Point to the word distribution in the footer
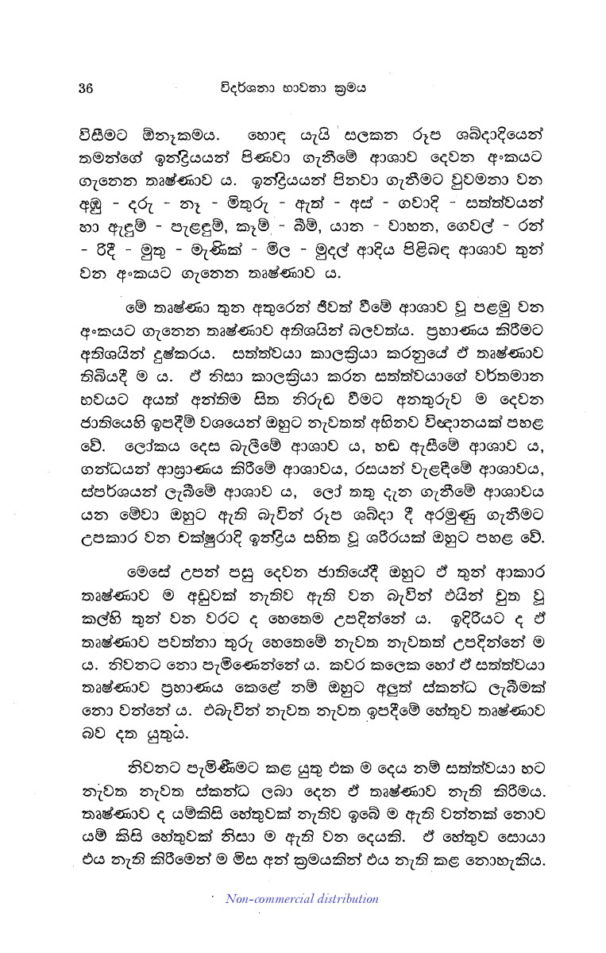click(x=341, y=899)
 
